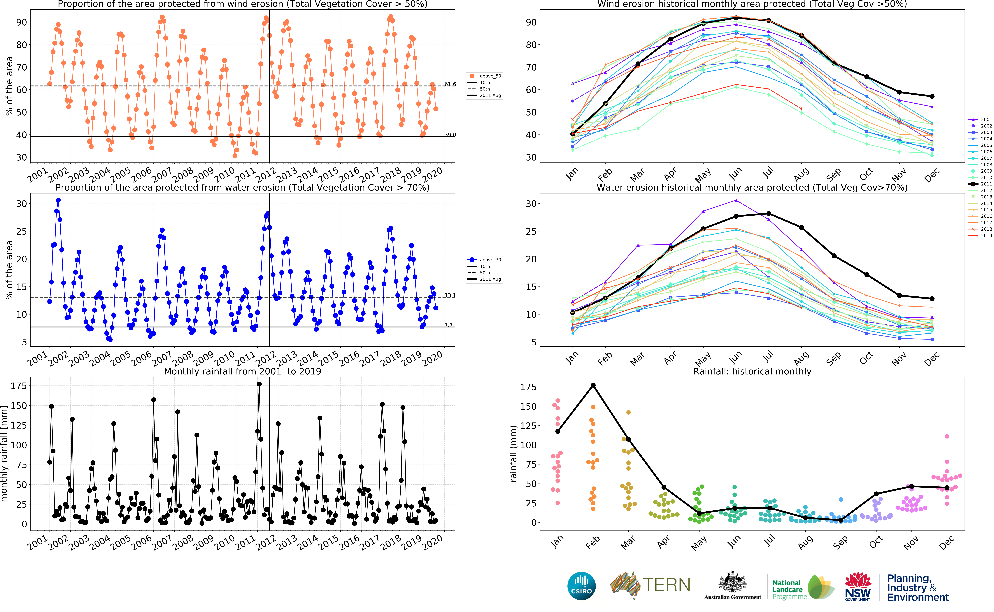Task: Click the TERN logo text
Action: (x=666, y=585)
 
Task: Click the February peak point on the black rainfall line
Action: (x=593, y=385)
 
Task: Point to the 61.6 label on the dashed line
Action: (x=450, y=84)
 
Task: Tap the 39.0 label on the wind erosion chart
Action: (x=450, y=135)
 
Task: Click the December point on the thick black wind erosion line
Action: (x=932, y=96)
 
